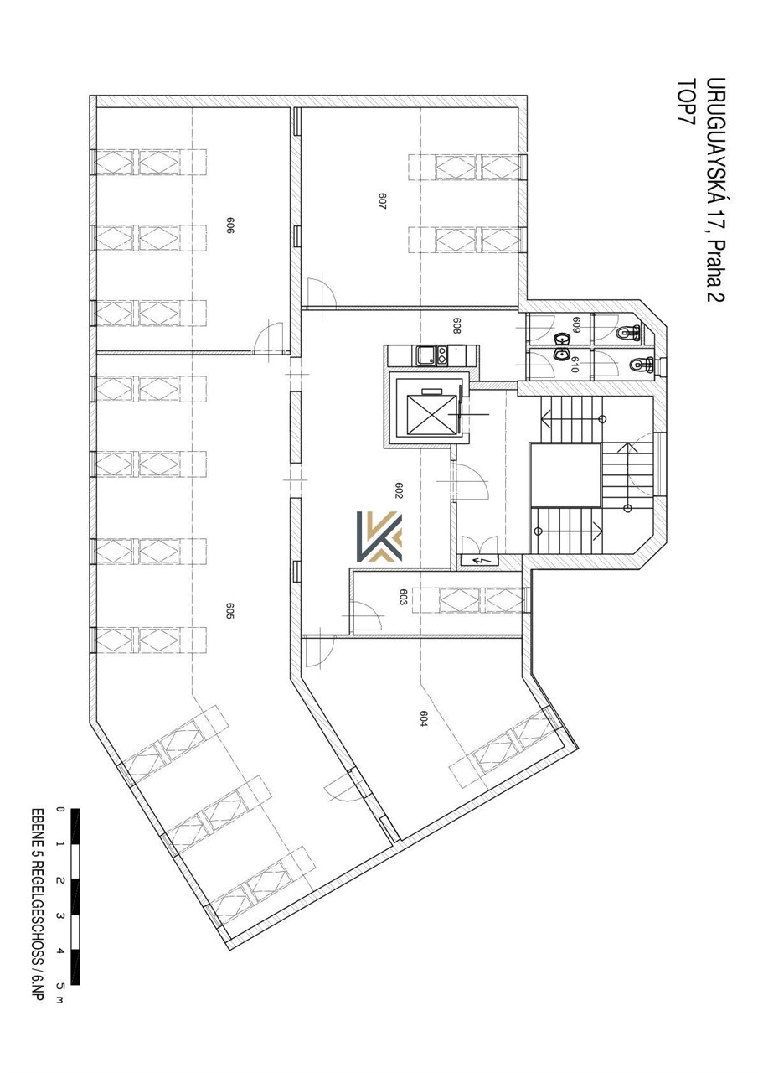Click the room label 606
(x=230, y=225)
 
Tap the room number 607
(x=382, y=200)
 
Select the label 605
(x=229, y=611)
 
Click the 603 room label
(x=403, y=597)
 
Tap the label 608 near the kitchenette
(x=456, y=326)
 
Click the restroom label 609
(x=575, y=325)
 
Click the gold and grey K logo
(x=379, y=536)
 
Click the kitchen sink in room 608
(x=424, y=355)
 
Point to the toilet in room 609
(x=628, y=332)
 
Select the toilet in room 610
(x=642, y=365)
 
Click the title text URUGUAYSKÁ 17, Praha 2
(x=715, y=190)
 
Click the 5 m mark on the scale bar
(x=59, y=984)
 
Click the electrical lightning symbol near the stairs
(x=477, y=561)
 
